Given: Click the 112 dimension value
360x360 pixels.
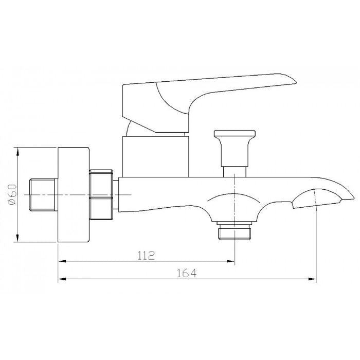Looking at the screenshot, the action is (x=146, y=255).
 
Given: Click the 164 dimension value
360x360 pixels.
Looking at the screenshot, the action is (x=186, y=273).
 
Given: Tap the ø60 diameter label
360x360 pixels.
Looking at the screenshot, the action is (x=12, y=194).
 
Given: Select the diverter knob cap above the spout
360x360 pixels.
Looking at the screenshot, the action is (x=235, y=134).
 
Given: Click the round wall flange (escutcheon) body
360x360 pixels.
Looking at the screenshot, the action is (x=74, y=195).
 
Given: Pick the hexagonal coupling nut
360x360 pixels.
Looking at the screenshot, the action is (x=101, y=194).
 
